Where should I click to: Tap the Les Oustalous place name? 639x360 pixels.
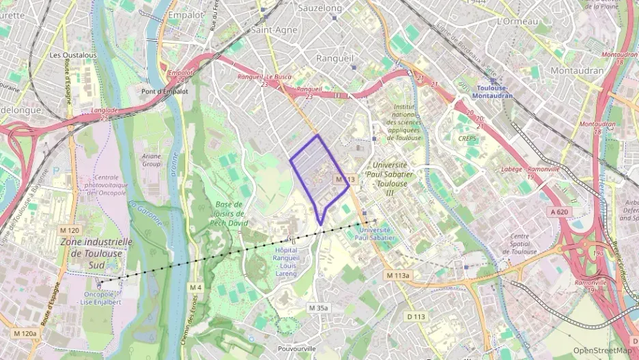[74, 55]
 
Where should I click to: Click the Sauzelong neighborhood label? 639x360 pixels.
[320, 8]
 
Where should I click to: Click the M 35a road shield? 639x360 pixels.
[318, 308]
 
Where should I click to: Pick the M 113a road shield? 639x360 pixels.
[398, 275]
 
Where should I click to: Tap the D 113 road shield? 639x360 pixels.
[416, 316]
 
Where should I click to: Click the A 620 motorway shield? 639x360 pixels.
[559, 212]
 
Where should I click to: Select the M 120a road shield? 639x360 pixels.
[25, 333]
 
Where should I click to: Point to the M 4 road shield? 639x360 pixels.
[196, 286]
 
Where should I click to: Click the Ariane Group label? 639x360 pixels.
[152, 160]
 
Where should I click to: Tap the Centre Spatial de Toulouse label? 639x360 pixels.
[525, 244]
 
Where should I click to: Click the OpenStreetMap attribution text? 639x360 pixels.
[602, 350]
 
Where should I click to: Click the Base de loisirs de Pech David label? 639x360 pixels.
[229, 213]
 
